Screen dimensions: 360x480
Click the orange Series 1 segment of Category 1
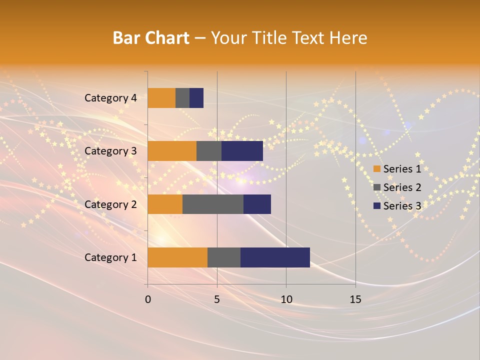click(177, 257)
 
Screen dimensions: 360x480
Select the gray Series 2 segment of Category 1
click(224, 257)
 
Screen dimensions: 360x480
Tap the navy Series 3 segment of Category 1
click(275, 257)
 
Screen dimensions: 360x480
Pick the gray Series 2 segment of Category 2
click(213, 204)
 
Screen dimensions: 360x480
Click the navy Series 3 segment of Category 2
click(257, 204)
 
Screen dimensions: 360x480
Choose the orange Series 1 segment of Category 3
click(172, 151)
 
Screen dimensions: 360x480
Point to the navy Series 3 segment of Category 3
click(242, 151)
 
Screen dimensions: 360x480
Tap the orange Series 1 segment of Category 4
click(161, 98)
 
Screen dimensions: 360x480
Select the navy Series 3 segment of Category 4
click(196, 98)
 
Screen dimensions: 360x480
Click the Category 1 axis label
click(110, 257)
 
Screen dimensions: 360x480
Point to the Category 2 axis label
click(110, 204)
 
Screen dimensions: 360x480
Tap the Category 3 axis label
click(110, 151)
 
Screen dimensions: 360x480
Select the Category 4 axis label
click(110, 98)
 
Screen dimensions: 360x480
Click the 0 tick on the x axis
click(148, 299)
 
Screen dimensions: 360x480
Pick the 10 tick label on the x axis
click(286, 299)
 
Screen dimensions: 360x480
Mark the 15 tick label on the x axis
click(355, 299)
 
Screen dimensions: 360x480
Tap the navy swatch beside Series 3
click(377, 206)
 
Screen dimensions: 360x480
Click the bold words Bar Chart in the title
click(151, 38)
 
